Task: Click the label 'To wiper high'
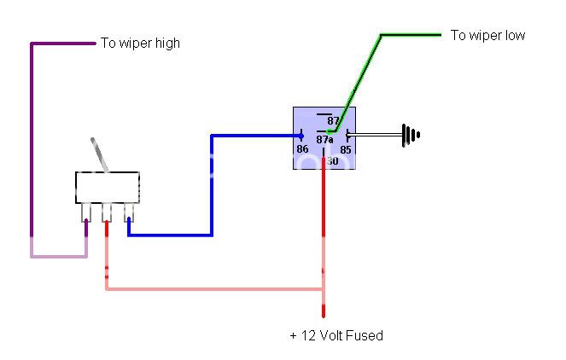140,43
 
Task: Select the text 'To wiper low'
488,36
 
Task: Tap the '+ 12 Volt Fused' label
336,335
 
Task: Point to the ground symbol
411,134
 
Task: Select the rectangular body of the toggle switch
107,186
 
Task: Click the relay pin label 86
302,149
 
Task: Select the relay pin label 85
346,149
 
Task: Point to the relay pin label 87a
324,140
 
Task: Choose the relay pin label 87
332,121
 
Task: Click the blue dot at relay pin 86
301,135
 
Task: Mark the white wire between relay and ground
376,134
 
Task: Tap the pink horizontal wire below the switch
213,289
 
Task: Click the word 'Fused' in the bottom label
365,335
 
